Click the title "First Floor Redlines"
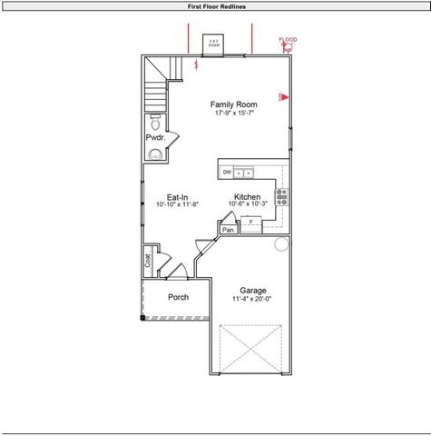[215, 6]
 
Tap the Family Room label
[234, 104]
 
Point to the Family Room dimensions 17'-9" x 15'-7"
[234, 113]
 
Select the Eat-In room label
[178, 197]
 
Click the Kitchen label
[248, 197]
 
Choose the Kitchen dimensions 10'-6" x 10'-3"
[248, 205]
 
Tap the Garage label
[253, 291]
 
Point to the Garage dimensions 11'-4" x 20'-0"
[253, 299]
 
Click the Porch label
[178, 297]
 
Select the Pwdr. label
[155, 137]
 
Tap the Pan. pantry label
[230, 230]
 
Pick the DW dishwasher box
[227, 172]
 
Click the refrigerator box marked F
[251, 221]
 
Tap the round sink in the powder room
[154, 154]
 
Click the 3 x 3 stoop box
[213, 43]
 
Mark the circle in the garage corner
[281, 243]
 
